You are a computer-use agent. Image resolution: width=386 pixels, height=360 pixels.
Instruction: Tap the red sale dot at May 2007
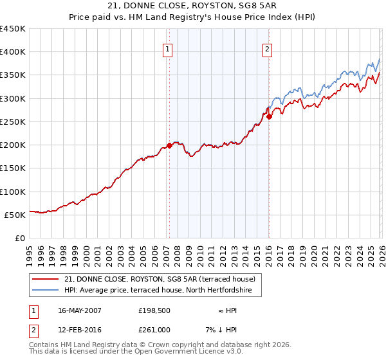[x=169, y=146]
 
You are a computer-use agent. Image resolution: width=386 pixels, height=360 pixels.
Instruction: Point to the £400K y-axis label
[x=13, y=52]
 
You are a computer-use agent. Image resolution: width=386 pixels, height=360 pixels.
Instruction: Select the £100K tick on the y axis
[x=13, y=192]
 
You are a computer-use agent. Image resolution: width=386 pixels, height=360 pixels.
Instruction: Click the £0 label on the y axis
[x=19, y=238]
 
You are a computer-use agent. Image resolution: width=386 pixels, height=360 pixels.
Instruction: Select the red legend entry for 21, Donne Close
[x=160, y=279]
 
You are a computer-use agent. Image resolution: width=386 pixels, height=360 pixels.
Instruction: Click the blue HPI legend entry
[x=162, y=291]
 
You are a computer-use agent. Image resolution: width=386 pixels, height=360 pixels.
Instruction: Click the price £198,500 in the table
[x=154, y=310]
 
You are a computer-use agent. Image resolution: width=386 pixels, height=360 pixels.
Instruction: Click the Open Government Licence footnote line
[x=136, y=352]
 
